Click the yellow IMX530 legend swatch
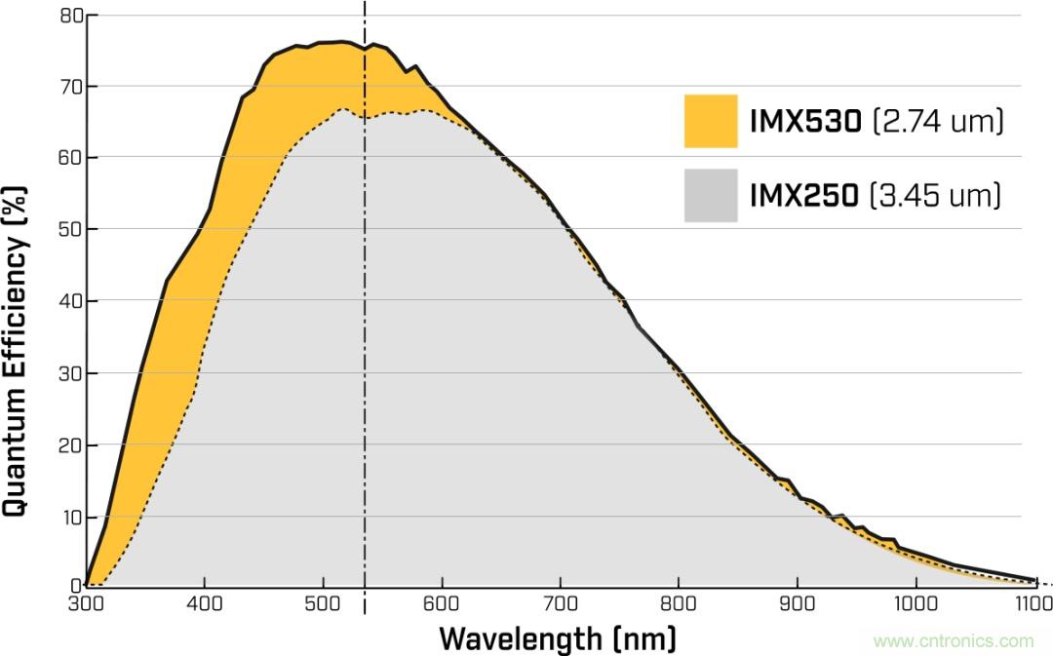point(710,121)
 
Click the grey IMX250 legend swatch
point(710,195)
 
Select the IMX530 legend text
point(805,122)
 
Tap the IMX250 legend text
point(804,196)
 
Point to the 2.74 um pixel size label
point(938,122)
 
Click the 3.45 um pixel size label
point(937,196)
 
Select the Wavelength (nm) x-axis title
point(557,638)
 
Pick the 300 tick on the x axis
point(86,603)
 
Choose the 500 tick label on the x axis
point(323,603)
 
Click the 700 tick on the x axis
point(560,603)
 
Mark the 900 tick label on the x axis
point(797,603)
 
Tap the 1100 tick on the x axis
point(1033,603)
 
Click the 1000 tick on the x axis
point(916,603)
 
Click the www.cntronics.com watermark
point(953,640)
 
